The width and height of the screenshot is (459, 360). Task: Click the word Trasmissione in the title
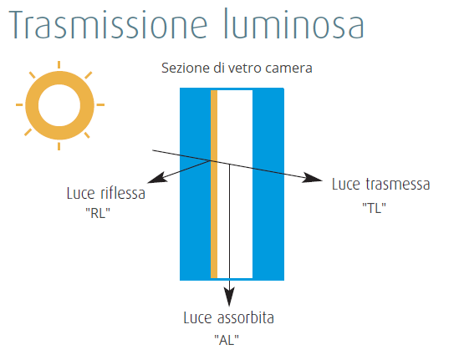109,24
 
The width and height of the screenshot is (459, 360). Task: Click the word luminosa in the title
294,23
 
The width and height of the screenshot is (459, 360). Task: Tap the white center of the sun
59,105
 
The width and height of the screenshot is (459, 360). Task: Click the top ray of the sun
59,64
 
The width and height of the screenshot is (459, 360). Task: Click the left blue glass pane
196,184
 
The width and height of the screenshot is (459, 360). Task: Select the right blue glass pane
268,184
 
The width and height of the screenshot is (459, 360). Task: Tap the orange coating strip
214,184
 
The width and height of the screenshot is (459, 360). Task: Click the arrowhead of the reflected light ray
157,178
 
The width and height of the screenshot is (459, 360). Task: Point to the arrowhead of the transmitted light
312,178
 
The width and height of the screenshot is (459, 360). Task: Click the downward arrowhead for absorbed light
229,297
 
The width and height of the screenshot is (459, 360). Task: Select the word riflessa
123,193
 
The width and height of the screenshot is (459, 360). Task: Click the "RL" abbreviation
98,213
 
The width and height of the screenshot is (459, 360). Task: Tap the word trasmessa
398,185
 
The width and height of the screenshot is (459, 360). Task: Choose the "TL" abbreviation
374,208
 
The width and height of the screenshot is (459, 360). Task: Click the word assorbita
246,317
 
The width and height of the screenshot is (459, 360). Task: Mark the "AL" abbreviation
227,340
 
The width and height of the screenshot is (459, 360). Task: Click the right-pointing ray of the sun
100,104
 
